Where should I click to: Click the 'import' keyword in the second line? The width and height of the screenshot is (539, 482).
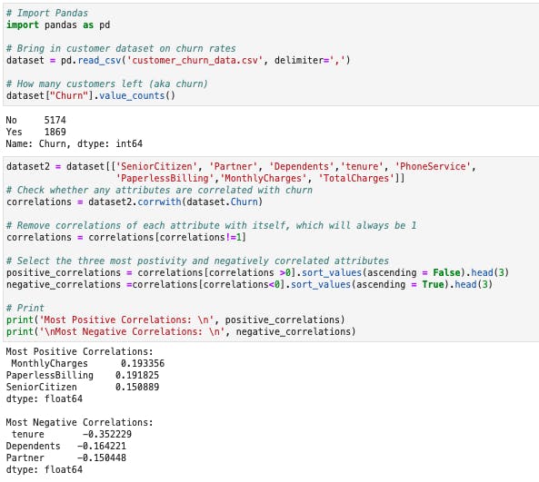(x=23, y=25)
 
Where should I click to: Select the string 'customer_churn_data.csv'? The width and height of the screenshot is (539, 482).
(x=195, y=61)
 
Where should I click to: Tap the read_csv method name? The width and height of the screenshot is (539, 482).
(x=99, y=61)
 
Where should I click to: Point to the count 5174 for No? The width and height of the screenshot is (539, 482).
(x=55, y=120)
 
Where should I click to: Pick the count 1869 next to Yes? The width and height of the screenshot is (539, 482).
(x=55, y=132)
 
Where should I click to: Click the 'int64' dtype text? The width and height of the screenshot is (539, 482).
(x=129, y=143)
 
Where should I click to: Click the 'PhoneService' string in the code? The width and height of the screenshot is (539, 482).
(x=433, y=166)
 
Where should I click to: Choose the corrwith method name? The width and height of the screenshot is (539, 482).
(x=159, y=202)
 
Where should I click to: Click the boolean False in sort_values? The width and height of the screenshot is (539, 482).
(x=446, y=272)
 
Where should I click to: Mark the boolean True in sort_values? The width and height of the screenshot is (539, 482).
(x=433, y=285)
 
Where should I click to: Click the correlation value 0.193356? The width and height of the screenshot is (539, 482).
(x=143, y=363)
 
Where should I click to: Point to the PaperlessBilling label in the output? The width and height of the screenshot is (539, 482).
(x=50, y=375)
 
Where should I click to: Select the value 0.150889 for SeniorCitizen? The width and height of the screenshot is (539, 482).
(x=137, y=387)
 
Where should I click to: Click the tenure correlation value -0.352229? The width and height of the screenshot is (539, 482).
(x=107, y=434)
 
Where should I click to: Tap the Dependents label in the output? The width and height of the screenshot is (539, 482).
(x=34, y=446)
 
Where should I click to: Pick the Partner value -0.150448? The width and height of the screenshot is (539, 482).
(x=102, y=457)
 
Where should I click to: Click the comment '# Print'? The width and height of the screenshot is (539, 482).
(x=25, y=308)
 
